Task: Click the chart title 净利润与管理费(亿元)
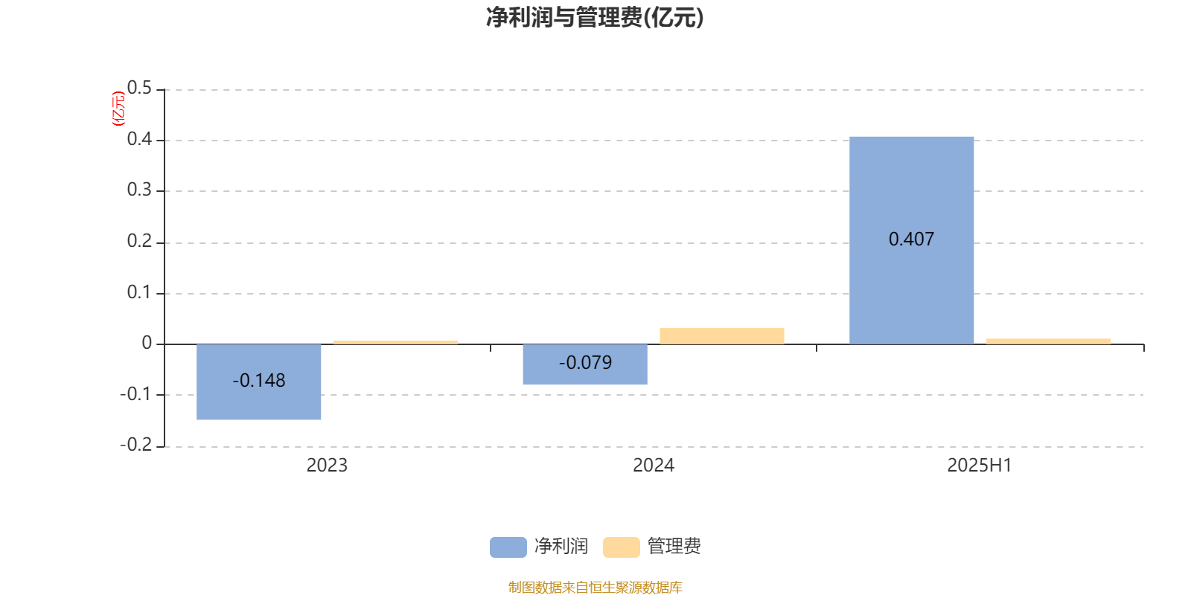point(595,17)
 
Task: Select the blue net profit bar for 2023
point(259,382)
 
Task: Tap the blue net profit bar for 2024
point(585,364)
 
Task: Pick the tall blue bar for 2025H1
point(911,241)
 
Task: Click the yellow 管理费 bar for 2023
point(395,343)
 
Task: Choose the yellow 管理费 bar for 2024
point(722,336)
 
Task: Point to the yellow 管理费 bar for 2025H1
point(1049,341)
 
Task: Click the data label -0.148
point(259,380)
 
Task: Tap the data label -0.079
point(585,362)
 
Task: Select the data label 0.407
point(911,239)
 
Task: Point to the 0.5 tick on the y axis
point(139,88)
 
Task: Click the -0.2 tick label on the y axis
point(136,444)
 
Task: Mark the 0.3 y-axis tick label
point(139,190)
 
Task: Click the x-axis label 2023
point(327,466)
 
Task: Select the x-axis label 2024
point(654,466)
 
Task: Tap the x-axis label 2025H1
point(980,466)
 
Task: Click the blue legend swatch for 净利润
point(508,547)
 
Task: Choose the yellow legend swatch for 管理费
point(621,547)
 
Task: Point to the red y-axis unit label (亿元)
point(118,109)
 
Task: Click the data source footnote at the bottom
point(595,587)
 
